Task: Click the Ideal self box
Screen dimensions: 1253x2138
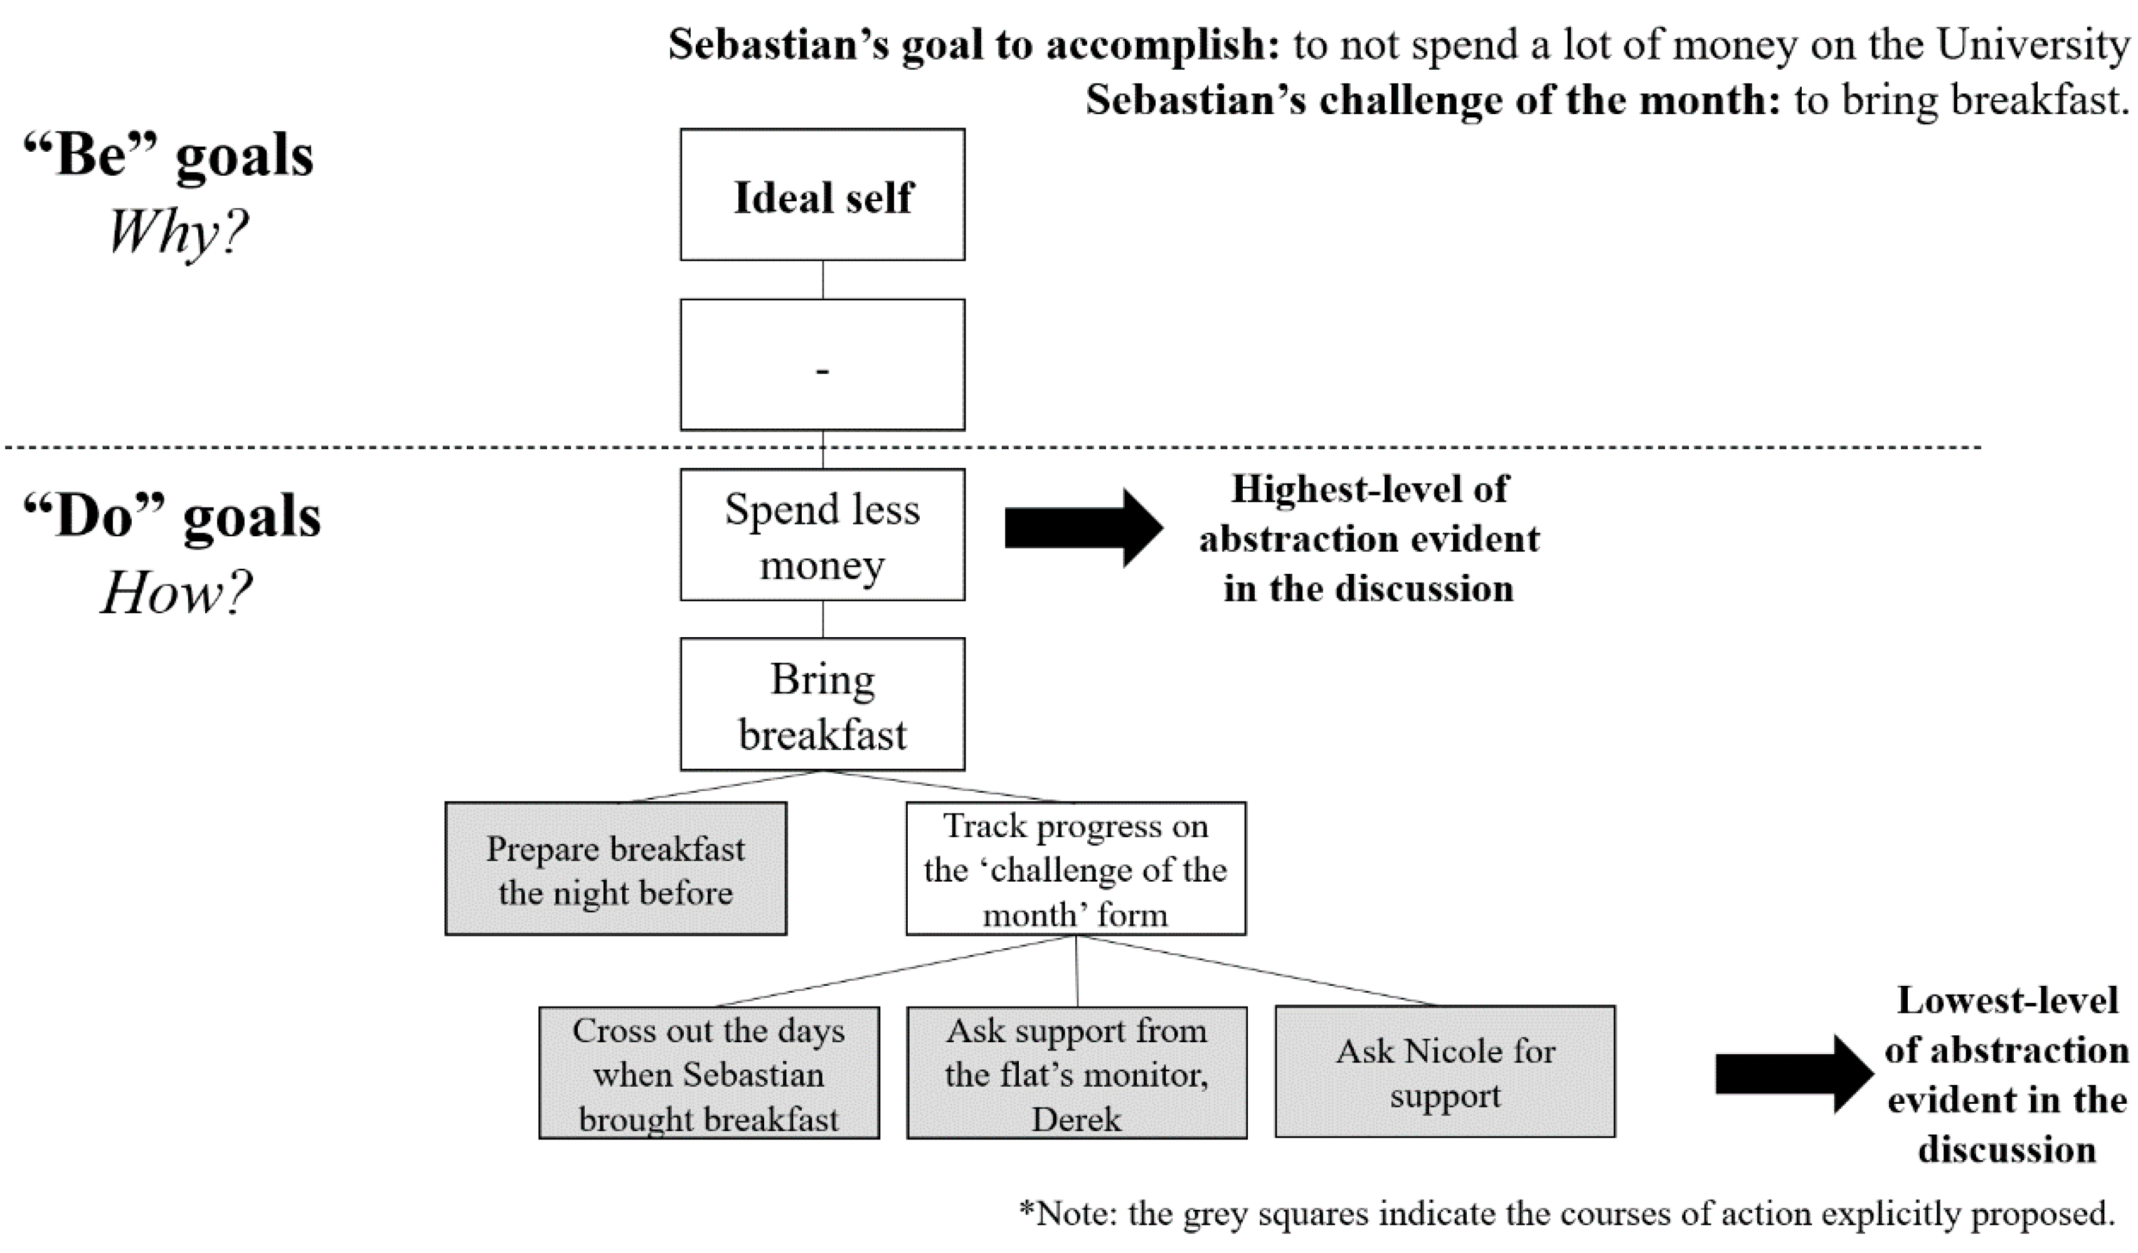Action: tap(822, 195)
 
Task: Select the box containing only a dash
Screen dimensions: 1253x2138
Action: tap(822, 365)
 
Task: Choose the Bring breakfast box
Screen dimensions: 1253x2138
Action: tap(822, 705)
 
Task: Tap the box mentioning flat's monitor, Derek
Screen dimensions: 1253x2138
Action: tap(1077, 1073)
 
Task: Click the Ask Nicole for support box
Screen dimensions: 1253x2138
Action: tap(1445, 1072)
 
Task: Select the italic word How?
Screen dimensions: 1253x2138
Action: tap(176, 592)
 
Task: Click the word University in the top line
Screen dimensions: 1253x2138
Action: tap(2032, 44)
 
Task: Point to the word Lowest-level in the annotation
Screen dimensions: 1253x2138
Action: tap(2008, 1001)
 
